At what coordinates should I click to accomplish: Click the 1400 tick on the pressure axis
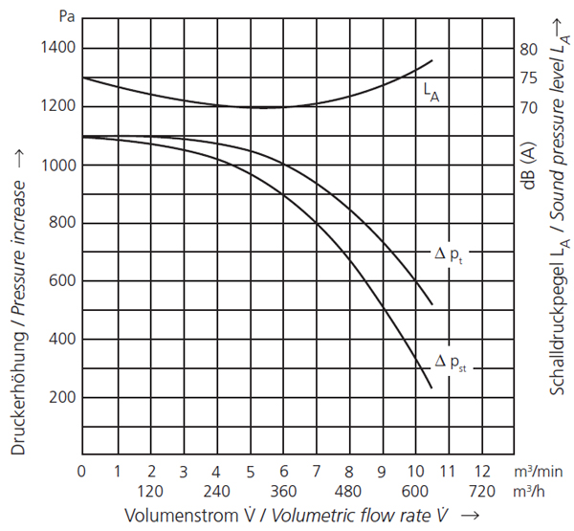click(x=60, y=49)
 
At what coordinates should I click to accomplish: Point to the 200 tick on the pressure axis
click(x=64, y=397)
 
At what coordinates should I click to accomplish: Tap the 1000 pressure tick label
click(x=60, y=166)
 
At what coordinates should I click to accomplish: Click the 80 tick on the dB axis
click(x=528, y=49)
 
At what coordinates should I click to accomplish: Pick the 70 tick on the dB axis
click(x=528, y=107)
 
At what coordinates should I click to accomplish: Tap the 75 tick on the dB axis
click(x=528, y=78)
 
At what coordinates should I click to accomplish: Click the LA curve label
click(x=430, y=93)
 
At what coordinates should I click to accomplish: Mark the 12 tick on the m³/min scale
click(x=481, y=471)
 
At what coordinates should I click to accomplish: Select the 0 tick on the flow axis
click(x=82, y=471)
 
